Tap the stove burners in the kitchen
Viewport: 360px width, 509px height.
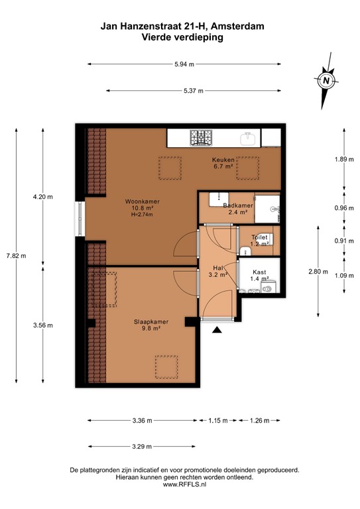(x=202, y=138)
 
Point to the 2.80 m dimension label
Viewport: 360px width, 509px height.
(x=314, y=271)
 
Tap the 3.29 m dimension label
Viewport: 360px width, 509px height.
(x=141, y=445)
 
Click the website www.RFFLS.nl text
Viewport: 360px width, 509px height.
(x=184, y=485)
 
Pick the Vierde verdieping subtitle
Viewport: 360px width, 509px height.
(x=182, y=38)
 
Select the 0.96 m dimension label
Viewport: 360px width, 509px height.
(x=343, y=207)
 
